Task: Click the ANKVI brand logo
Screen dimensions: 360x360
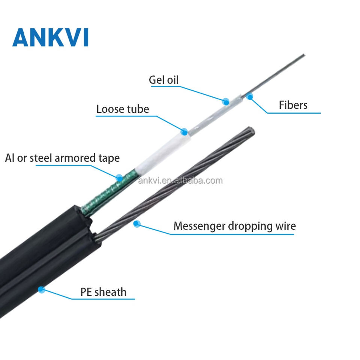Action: point(51,37)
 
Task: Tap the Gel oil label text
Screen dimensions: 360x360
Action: point(163,80)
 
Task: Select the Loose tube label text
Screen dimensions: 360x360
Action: point(123,109)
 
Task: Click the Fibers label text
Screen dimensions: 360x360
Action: point(293,105)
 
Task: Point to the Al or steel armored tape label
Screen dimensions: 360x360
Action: point(62,158)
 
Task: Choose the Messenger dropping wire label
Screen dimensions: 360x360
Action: point(235,226)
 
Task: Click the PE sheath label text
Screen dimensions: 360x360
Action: point(103,292)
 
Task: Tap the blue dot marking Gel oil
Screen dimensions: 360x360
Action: point(226,102)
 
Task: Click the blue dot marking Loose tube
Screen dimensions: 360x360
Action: point(184,132)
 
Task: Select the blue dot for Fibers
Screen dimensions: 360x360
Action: point(250,96)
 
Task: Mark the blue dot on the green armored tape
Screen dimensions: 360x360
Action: point(119,178)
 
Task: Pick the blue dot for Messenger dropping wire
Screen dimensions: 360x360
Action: point(137,223)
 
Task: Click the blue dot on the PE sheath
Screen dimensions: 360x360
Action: point(41,289)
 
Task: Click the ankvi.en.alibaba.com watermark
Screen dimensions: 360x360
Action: point(180,181)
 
